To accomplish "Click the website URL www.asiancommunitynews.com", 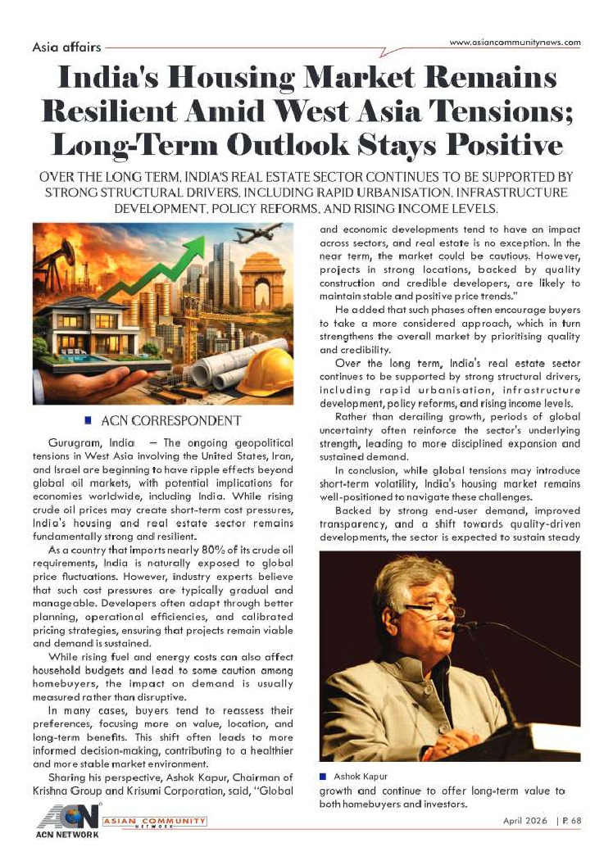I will tap(515, 43).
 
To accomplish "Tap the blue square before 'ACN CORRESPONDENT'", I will tap(88, 421).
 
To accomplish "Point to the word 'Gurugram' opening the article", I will tap(72, 442).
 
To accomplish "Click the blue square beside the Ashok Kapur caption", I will tap(323, 776).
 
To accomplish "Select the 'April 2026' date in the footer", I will tap(525, 821).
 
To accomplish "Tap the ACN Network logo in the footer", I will tap(68, 822).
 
